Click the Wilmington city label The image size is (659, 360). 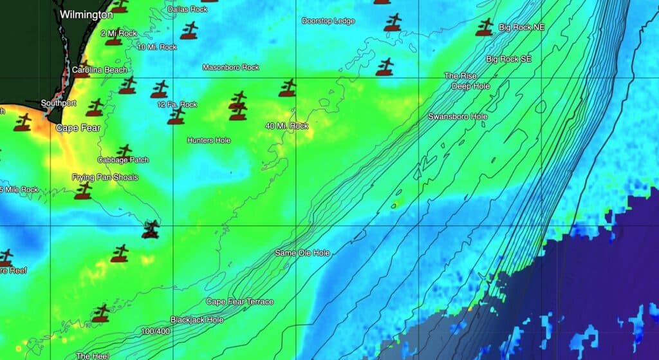click(86, 14)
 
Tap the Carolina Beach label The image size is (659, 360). click(99, 70)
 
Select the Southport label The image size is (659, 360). click(58, 103)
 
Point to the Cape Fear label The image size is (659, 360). click(78, 128)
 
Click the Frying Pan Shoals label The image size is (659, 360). click(105, 177)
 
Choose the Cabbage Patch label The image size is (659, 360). click(123, 160)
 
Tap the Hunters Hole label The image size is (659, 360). click(209, 140)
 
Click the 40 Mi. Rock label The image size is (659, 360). click(287, 126)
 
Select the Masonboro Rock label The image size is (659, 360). click(230, 67)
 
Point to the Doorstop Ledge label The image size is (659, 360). click(328, 21)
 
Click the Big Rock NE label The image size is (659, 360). click(522, 28)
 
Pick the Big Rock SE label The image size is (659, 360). click(508, 59)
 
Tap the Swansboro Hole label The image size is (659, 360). click(458, 117)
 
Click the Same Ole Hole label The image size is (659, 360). click(302, 253)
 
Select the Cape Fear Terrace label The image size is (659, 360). click(239, 301)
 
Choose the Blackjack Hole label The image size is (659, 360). click(197, 319)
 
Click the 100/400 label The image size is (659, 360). click(156, 331)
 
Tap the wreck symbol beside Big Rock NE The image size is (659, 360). click(485, 28)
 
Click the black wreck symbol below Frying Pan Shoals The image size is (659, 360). click(151, 229)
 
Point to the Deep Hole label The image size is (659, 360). click(470, 86)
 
